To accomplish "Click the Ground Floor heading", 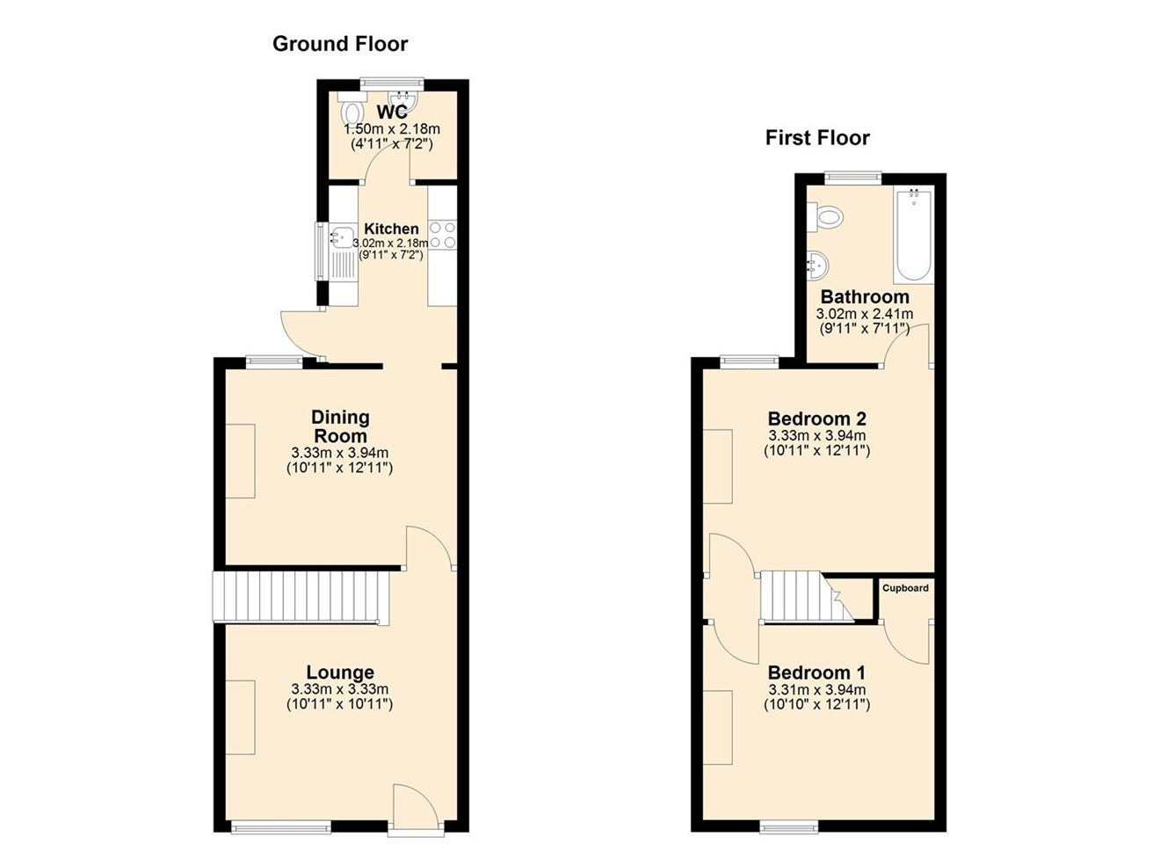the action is pyautogui.click(x=340, y=44).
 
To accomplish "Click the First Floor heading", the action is pyautogui.click(x=817, y=138).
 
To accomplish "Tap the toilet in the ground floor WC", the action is pyautogui.click(x=352, y=109).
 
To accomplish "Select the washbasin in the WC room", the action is pyautogui.click(x=405, y=102).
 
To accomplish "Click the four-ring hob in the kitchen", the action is pyautogui.click(x=443, y=235).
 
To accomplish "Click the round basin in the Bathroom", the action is pyautogui.click(x=818, y=266).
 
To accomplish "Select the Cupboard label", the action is pyautogui.click(x=905, y=588).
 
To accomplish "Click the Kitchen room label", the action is pyautogui.click(x=391, y=229).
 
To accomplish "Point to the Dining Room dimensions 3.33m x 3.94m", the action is pyautogui.click(x=340, y=453).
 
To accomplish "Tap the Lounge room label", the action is pyautogui.click(x=340, y=672).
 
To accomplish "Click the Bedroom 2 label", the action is pyautogui.click(x=816, y=418).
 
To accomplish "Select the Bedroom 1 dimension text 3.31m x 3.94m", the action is pyautogui.click(x=816, y=689).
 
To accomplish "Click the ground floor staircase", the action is pyautogui.click(x=301, y=596).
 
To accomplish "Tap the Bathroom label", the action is pyautogui.click(x=865, y=297).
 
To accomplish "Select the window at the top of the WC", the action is pyautogui.click(x=392, y=83).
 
